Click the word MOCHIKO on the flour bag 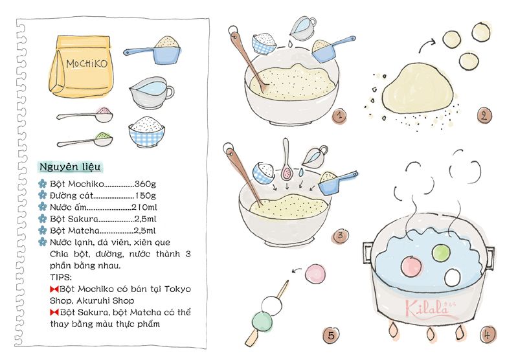tap(87, 63)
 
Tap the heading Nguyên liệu tap(70, 167)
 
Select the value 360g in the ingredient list tap(145, 184)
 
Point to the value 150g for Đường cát tap(145, 196)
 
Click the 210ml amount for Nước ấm tap(144, 207)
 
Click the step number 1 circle tap(339, 116)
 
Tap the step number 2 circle tap(484, 116)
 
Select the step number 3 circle tap(340, 236)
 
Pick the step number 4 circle tap(488, 335)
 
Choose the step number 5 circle tap(331, 335)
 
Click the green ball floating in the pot tap(441, 253)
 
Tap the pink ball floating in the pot tap(411, 266)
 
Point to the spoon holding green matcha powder tap(85, 141)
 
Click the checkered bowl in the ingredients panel tap(147, 131)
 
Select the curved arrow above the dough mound tap(427, 45)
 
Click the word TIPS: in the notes tap(60, 276)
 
